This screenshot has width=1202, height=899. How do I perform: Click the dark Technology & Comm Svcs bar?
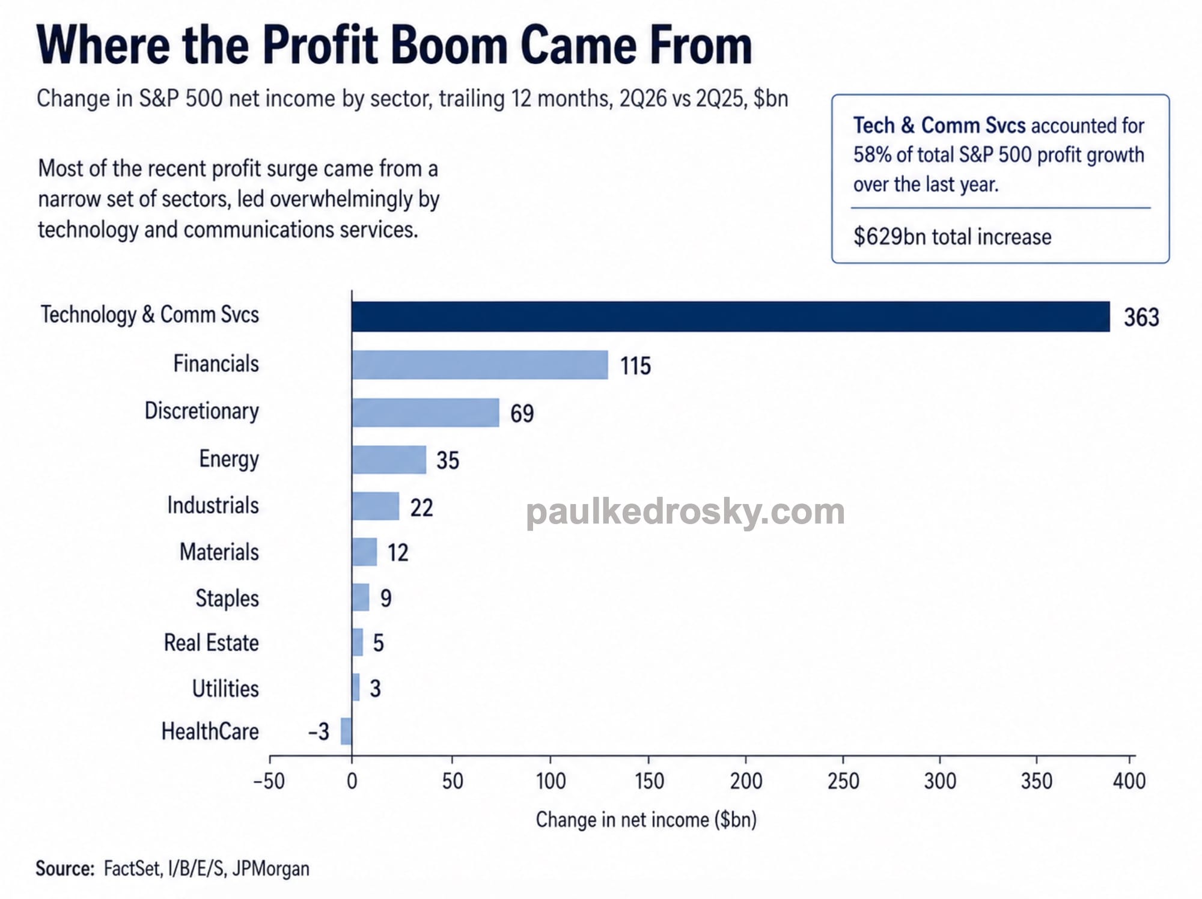[x=731, y=317]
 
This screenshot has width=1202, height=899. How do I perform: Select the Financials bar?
[x=480, y=365]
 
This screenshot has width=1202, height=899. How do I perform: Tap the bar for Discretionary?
[x=426, y=412]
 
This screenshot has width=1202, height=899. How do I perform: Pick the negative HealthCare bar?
[x=346, y=731]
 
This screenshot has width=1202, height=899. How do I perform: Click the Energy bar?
[x=389, y=460]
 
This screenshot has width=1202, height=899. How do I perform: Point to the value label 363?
[x=1141, y=317]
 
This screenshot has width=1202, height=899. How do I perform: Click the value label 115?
[x=635, y=366]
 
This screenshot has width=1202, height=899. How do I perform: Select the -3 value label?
[x=319, y=732]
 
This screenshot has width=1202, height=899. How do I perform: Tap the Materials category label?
[x=219, y=552]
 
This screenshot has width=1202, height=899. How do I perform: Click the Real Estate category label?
[x=212, y=643]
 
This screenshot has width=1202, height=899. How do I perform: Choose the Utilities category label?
[x=225, y=689]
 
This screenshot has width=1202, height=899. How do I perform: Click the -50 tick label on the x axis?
[x=269, y=781]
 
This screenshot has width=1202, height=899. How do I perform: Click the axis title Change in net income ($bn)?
[x=646, y=820]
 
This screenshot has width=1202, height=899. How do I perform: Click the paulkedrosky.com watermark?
[x=685, y=512]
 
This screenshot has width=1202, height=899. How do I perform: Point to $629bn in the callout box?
[x=890, y=237]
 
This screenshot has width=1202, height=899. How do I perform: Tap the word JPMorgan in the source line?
[x=271, y=869]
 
